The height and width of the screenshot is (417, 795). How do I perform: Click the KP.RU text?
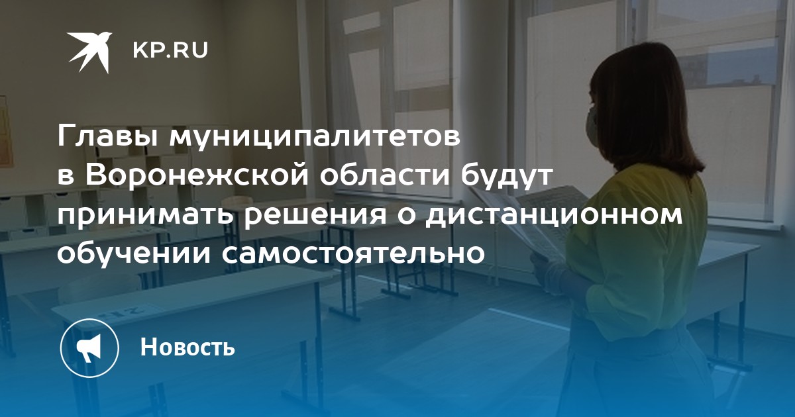(x=170, y=51)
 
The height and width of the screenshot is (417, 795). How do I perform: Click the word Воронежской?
(x=197, y=176)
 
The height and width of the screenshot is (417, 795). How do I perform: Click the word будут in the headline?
(x=505, y=177)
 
